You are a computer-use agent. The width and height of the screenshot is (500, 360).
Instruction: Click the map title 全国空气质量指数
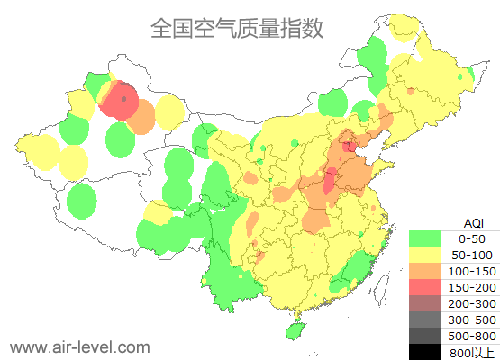tap(237, 28)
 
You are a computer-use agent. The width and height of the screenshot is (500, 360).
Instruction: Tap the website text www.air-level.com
tap(79, 346)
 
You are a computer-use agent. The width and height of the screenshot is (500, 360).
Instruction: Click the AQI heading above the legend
tap(473, 222)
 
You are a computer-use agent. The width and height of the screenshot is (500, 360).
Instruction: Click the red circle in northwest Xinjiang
tap(120, 100)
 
